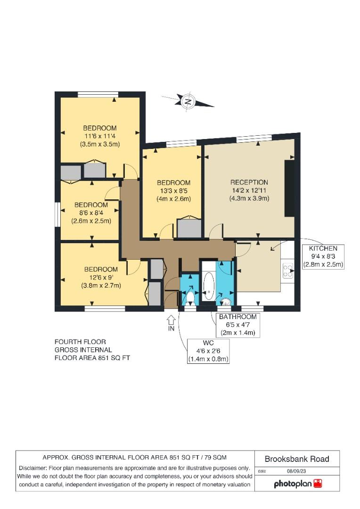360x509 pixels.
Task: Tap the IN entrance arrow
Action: pyautogui.click(x=171, y=320)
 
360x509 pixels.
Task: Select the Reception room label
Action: pyautogui.click(x=249, y=182)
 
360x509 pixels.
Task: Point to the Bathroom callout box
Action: pyautogui.click(x=238, y=325)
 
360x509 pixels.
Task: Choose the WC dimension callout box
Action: pyautogui.click(x=208, y=351)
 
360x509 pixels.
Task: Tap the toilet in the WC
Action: pyautogui.click(x=190, y=297)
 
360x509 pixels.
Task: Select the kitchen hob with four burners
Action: pyautogui.click(x=287, y=271)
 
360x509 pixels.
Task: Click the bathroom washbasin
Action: pyautogui.click(x=226, y=302)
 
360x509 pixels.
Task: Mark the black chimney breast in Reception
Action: pyautogui.click(x=290, y=188)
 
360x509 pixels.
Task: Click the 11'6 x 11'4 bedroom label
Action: pyautogui.click(x=100, y=136)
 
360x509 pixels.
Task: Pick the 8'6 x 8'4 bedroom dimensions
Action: pyautogui.click(x=91, y=213)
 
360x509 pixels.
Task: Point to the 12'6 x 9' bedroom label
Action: pyautogui.click(x=101, y=277)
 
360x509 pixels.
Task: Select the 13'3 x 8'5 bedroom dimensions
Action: pyautogui.click(x=174, y=190)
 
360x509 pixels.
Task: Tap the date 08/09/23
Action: pyautogui.click(x=296, y=471)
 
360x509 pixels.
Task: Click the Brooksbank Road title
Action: pyautogui.click(x=297, y=459)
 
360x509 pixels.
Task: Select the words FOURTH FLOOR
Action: pyautogui.click(x=80, y=342)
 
